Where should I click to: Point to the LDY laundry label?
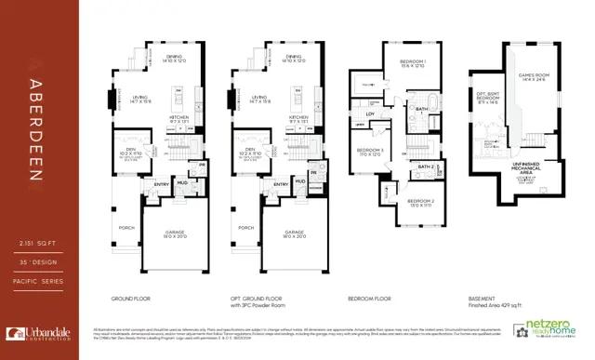coord(370,113)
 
